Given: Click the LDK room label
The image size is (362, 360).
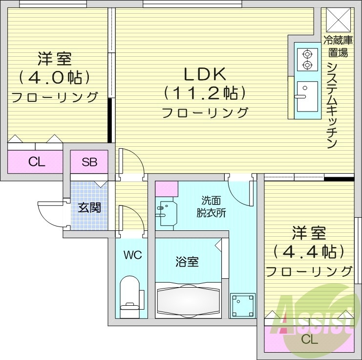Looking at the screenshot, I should [204, 74].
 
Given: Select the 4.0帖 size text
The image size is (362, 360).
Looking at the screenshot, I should [55, 77].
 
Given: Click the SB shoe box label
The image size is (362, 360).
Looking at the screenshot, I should [89, 162].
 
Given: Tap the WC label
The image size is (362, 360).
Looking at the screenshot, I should [132, 255].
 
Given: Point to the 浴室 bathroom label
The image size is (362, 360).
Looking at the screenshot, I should [187, 262].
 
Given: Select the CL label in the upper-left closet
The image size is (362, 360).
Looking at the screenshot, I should [37, 162].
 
